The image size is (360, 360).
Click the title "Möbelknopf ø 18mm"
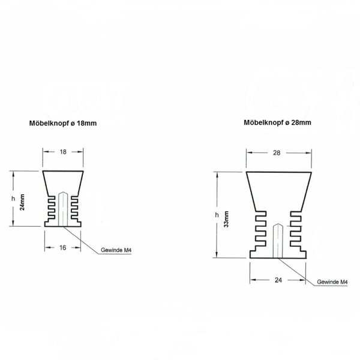point(63,123)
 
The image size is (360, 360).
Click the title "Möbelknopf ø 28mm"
point(277,122)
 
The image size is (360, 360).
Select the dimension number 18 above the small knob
point(63,152)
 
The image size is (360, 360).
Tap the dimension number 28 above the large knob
point(277,152)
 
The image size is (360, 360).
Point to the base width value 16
point(62,247)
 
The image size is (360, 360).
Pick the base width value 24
point(278,280)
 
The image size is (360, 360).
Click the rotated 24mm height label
point(22,202)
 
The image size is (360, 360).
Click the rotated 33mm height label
point(226,219)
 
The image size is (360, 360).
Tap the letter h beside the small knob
point(13,199)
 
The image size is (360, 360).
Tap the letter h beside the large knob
point(217,215)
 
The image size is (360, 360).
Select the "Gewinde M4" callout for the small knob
point(116,250)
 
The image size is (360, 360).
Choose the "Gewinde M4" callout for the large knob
point(332,282)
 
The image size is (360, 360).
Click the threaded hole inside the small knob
point(63,209)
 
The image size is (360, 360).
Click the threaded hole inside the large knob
point(278,241)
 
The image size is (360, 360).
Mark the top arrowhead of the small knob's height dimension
point(13,174)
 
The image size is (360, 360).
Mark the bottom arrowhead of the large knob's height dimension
point(217,254)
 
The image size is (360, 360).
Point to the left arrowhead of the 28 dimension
point(250,152)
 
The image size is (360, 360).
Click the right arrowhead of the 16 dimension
point(78,247)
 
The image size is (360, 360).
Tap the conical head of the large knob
point(279,191)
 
